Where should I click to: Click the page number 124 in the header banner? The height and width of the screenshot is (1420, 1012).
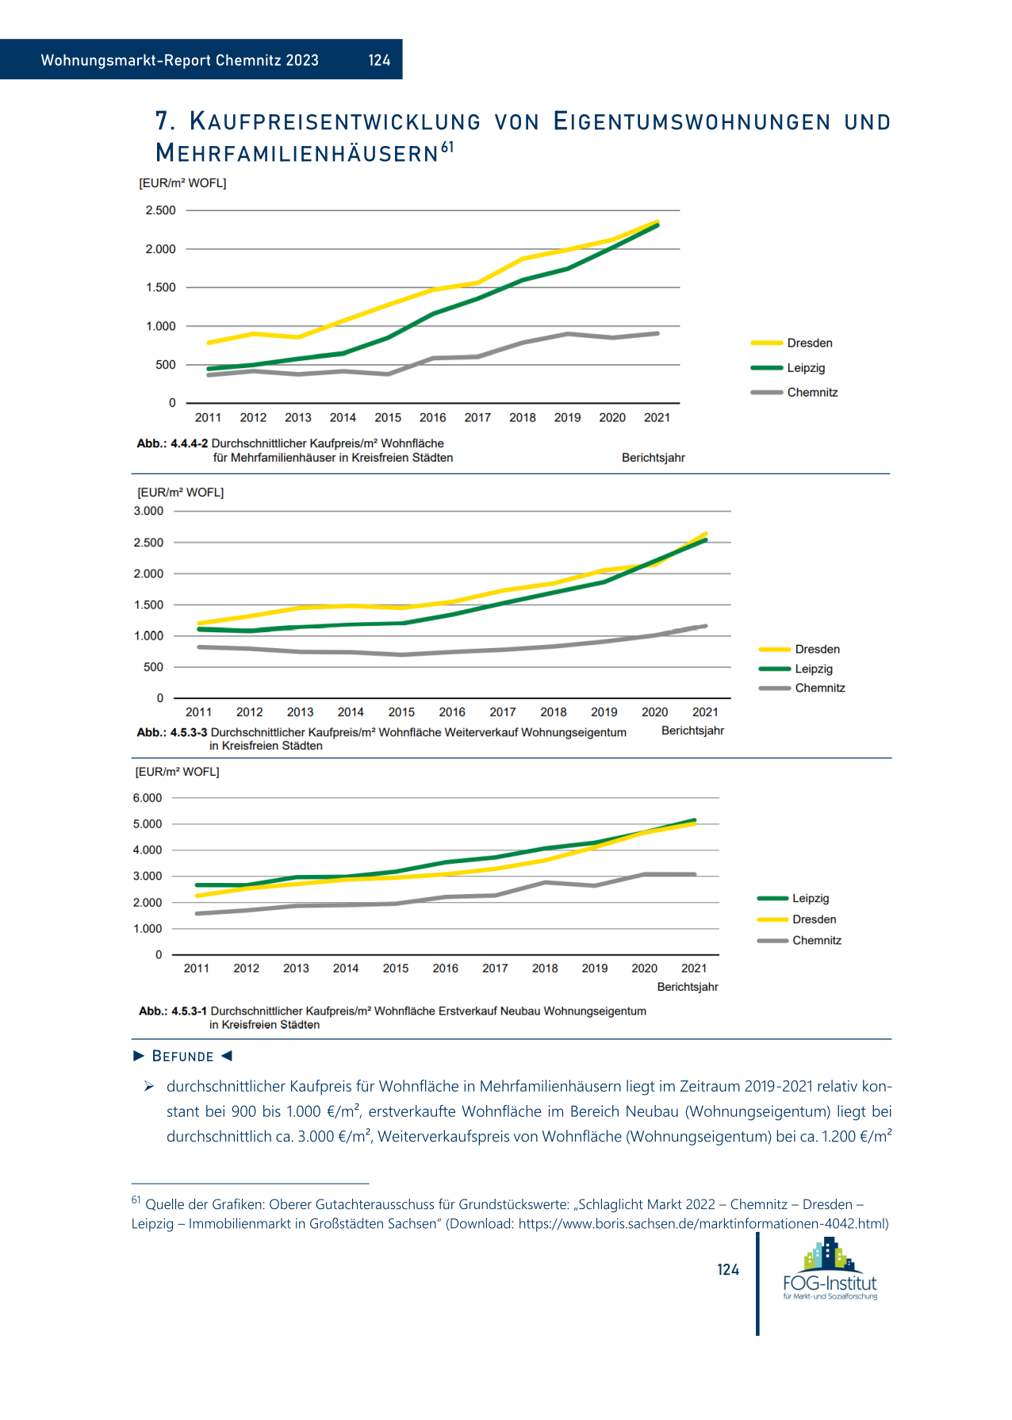click(x=379, y=60)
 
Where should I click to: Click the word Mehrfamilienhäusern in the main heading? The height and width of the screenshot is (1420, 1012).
click(x=297, y=152)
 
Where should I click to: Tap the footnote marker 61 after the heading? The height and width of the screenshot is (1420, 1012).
click(x=448, y=147)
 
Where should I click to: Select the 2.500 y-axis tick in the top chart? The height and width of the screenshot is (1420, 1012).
click(x=160, y=210)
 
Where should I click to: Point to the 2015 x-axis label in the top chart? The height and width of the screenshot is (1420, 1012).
click(x=388, y=417)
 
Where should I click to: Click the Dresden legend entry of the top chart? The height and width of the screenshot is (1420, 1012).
click(x=792, y=343)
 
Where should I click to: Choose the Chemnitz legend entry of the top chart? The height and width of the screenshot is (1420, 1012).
click(x=794, y=392)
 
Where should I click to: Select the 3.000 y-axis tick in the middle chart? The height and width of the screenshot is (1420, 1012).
click(x=148, y=511)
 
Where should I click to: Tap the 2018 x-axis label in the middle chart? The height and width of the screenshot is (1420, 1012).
click(x=554, y=712)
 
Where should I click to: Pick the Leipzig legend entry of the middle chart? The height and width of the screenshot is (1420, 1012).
click(x=795, y=669)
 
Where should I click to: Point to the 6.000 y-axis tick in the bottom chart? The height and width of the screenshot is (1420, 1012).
click(x=148, y=798)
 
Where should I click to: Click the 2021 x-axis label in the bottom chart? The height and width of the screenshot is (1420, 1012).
click(x=694, y=968)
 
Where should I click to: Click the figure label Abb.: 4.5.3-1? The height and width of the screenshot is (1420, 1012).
click(x=173, y=1011)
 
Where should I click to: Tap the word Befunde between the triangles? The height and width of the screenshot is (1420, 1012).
click(x=183, y=1056)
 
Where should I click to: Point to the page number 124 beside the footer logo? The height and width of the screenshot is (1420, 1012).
click(x=728, y=1270)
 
